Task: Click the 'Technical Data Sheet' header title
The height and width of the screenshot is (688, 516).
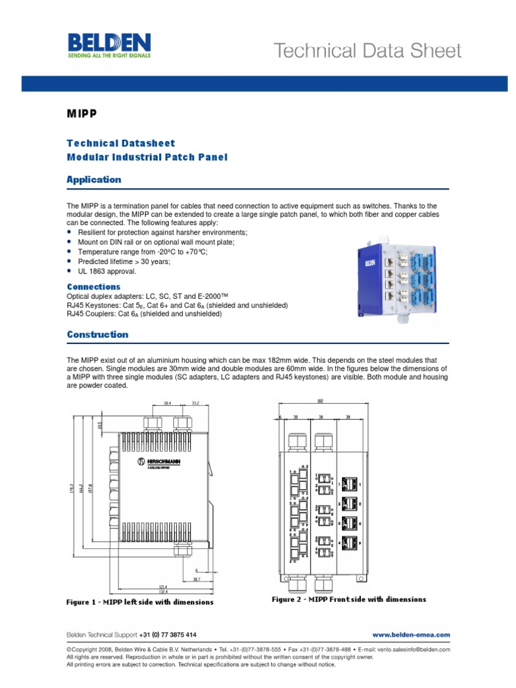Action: coord(366,51)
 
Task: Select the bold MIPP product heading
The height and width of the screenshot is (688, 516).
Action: coord(81,114)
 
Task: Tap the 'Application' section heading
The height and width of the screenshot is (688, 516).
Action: coord(93,179)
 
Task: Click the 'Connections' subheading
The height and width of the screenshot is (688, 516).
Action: coord(93,287)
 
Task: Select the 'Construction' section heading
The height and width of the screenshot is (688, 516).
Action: coord(97,334)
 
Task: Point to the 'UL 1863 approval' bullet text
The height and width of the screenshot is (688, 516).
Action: coord(107,271)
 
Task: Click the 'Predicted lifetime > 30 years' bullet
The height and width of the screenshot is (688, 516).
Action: coord(124,261)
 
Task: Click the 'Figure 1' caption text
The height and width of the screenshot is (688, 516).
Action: coord(140,602)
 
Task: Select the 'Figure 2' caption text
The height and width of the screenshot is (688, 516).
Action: coord(348,599)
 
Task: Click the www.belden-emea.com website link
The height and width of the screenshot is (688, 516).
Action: coord(411,634)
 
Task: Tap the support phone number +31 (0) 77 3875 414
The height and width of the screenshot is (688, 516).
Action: coord(168,634)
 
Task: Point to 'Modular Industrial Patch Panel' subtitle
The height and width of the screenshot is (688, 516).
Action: coord(147,157)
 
